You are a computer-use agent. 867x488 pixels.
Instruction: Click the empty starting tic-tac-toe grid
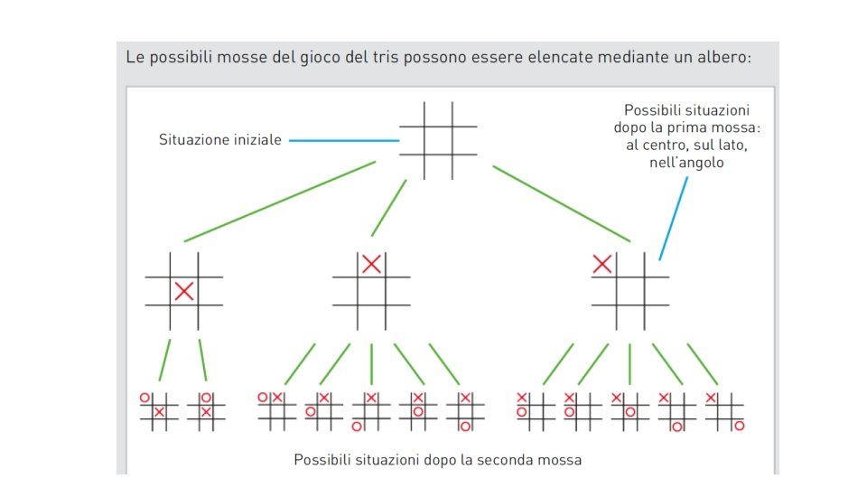tap(439, 140)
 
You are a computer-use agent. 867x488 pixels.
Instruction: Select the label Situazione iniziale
tap(220, 140)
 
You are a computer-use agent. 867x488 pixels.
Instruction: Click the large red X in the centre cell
tap(184, 291)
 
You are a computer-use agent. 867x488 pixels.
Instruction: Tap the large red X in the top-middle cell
tap(371, 264)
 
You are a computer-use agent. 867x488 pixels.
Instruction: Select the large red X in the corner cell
tap(602, 264)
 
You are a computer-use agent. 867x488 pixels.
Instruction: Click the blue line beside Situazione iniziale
tap(344, 140)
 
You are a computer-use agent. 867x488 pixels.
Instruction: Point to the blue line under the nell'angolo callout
tap(674, 217)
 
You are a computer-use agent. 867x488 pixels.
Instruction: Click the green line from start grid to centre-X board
tap(280, 202)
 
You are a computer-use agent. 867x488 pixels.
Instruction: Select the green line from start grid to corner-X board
tap(560, 203)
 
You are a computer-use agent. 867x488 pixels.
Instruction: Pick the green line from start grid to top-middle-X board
tap(389, 207)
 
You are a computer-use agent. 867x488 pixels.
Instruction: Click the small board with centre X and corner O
tap(159, 411)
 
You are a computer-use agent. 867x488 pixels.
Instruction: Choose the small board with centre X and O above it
tap(206, 411)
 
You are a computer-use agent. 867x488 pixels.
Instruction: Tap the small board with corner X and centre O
tap(630, 411)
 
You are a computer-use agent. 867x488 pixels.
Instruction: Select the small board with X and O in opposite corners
tap(725, 411)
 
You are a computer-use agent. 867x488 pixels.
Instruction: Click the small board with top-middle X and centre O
tap(418, 411)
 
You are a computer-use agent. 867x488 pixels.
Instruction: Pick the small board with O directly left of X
tap(276, 411)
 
